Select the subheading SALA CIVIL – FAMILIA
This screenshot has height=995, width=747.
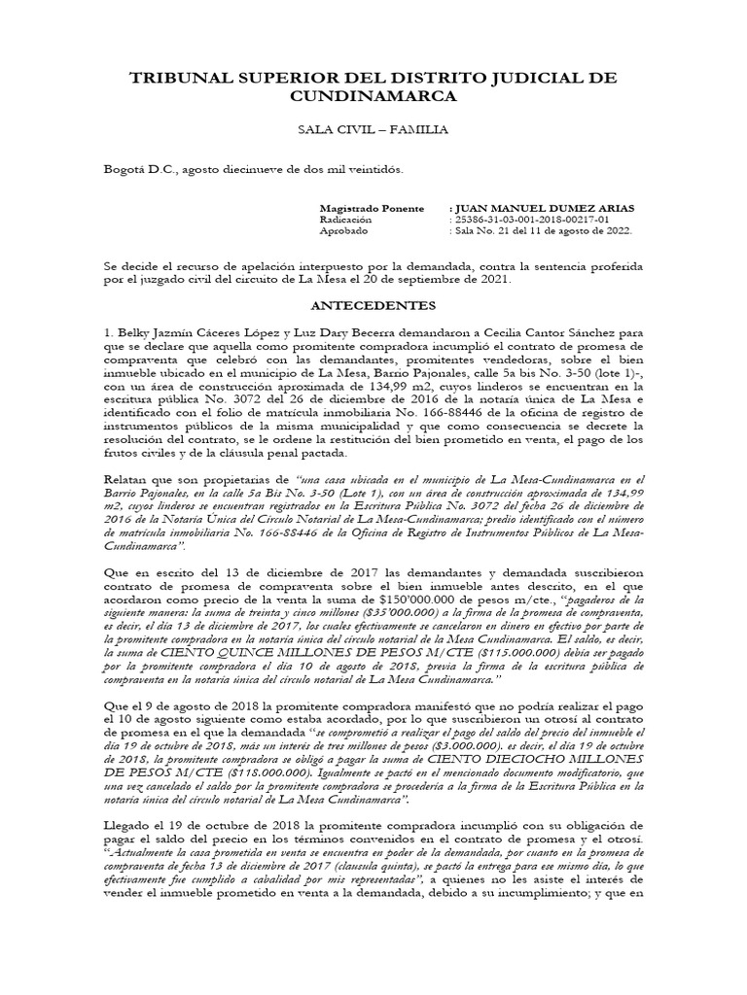373,129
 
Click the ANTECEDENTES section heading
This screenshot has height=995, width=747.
373,305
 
